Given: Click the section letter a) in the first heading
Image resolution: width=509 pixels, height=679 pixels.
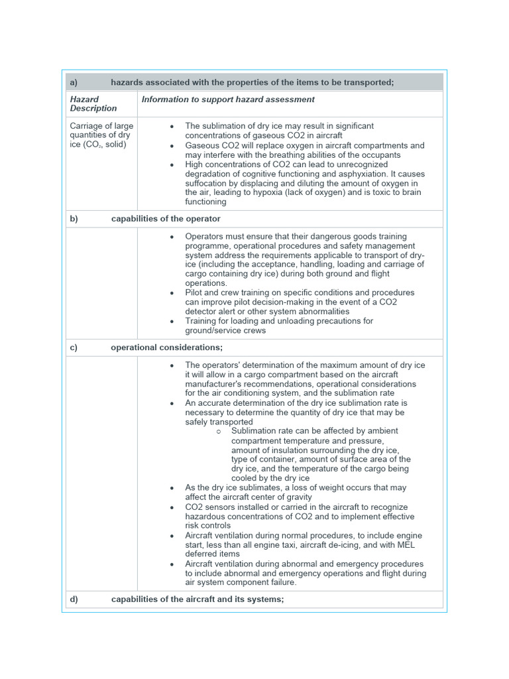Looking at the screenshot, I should tap(74, 82).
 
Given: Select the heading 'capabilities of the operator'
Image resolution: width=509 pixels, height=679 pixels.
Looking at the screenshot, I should tap(166, 219).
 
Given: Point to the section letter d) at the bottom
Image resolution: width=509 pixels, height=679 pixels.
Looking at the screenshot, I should tap(74, 599).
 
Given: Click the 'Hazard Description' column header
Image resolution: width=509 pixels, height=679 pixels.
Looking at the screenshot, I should tap(93, 104).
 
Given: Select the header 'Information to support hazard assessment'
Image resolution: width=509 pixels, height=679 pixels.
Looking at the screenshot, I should tap(228, 99).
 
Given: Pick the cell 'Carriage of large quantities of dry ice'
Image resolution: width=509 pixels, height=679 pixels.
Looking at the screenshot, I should tap(101, 135).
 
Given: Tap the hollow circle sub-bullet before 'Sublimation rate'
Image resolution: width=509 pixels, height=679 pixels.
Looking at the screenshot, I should tap(219, 431).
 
